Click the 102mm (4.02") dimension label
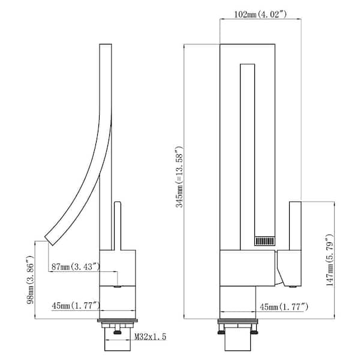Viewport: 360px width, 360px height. tap(260, 14)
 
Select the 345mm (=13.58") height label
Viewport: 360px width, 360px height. tap(179, 176)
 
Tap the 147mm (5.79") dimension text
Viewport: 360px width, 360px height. tap(329, 260)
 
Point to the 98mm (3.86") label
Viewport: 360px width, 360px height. tap(31, 280)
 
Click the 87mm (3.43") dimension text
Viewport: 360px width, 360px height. tap(76, 267)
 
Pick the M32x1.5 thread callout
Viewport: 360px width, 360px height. tap(150, 337)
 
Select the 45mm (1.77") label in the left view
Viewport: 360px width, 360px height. tap(76, 306)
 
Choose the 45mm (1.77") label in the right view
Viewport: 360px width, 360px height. tap(284, 307)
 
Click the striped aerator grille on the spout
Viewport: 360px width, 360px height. tap(265, 241)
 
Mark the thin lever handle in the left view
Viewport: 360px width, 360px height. tap(118, 226)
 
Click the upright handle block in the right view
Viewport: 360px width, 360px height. tap(295, 226)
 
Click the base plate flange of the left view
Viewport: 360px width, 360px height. tap(118, 320)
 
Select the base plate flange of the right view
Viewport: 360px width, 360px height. tap(238, 321)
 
